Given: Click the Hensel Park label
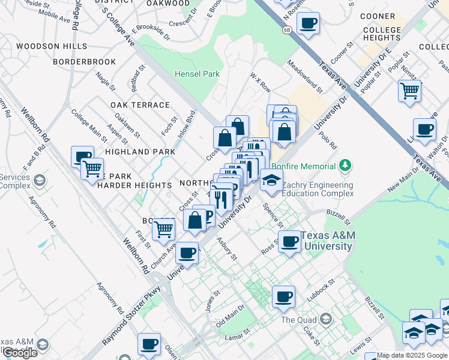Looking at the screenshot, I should coord(197,74).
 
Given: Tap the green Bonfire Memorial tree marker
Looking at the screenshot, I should coord(345,164).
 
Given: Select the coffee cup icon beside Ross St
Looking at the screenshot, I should coord(290,242).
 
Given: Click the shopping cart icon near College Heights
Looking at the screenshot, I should coord(410,91).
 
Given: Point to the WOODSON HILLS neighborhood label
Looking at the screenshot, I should coord(46,46).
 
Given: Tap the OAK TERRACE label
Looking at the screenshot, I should coord(140,105).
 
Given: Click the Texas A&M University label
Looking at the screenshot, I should coord(327,241).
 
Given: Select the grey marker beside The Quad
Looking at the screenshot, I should coord(326,317).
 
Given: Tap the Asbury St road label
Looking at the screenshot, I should coord(228,248).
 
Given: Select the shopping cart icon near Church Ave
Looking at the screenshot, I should coord(164,229).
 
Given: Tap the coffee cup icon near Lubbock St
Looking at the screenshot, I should coord(283,296).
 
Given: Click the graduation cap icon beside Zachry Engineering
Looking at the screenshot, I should coord(271,180).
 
